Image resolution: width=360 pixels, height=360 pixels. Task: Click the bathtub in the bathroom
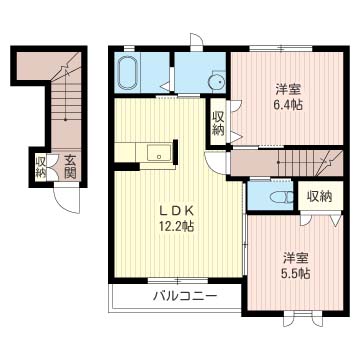pyautogui.click(x=127, y=73)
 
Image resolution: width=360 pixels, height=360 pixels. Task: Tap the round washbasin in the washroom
pyautogui.click(x=215, y=81)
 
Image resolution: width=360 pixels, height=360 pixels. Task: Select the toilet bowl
pyautogui.click(x=281, y=198)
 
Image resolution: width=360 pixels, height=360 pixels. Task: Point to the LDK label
pyautogui.click(x=176, y=211)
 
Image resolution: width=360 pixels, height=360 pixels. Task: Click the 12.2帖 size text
pyautogui.click(x=176, y=227)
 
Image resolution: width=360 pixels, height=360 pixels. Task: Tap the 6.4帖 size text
pyautogui.click(x=289, y=105)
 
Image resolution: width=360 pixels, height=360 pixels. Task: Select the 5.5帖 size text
pyautogui.click(x=296, y=274)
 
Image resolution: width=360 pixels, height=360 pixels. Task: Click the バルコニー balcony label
pyautogui.click(x=185, y=296)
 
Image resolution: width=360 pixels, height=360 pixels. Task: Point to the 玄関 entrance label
pyautogui.click(x=70, y=166)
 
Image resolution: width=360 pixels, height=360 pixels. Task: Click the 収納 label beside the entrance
pyautogui.click(x=41, y=166)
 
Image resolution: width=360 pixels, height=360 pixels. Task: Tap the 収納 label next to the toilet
pyautogui.click(x=319, y=197)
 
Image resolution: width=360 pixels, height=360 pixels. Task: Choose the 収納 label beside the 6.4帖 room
pyautogui.click(x=219, y=122)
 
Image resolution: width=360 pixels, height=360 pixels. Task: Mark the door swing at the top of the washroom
pyautogui.click(x=197, y=41)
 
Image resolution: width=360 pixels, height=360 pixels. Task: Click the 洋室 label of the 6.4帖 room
pyautogui.click(x=289, y=89)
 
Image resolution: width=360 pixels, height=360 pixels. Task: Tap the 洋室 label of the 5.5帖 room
pyautogui.click(x=296, y=258)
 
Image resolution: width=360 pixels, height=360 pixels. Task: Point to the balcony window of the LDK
pyautogui.click(x=179, y=280)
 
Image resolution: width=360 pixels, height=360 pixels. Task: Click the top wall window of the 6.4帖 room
pyautogui.click(x=281, y=48)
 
